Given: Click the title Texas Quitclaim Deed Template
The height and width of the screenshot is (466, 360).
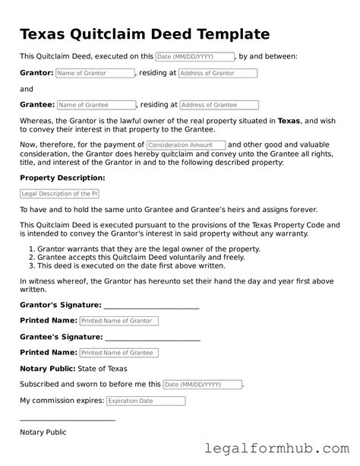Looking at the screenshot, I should tap(144, 34).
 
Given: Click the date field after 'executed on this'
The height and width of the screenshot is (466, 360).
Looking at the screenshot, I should tap(194, 56).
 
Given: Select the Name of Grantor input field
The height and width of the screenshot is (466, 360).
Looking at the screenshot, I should tap(95, 74).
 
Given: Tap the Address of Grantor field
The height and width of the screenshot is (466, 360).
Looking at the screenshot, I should tap(218, 74).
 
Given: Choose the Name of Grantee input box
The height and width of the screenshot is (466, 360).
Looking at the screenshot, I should tap(96, 105).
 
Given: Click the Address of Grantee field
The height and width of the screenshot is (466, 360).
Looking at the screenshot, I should tap(219, 105).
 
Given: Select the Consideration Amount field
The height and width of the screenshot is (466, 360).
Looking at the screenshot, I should tap(185, 145).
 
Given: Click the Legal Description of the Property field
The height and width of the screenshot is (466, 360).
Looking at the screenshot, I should tap(60, 194).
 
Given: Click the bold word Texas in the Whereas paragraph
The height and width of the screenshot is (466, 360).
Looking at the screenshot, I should tap(289, 121).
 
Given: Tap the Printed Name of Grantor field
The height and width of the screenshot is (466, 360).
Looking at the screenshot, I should tap(118, 322).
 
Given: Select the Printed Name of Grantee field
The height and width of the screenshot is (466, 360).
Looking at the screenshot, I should tap(118, 353).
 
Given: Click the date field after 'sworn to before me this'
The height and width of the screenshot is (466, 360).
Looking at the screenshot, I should tap(203, 385).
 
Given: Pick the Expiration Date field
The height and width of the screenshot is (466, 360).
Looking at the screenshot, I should tap(145, 401).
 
